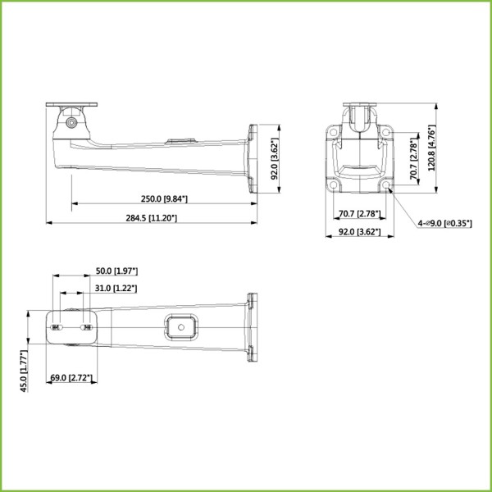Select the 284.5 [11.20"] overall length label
[151, 217]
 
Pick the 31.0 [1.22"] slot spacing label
[116, 288]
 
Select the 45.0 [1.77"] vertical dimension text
[25, 370]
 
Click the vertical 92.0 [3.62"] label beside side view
[276, 158]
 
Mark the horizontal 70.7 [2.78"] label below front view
[358, 214]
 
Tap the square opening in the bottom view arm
[179, 326]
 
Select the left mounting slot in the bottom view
[57, 327]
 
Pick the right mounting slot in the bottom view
[87, 327]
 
